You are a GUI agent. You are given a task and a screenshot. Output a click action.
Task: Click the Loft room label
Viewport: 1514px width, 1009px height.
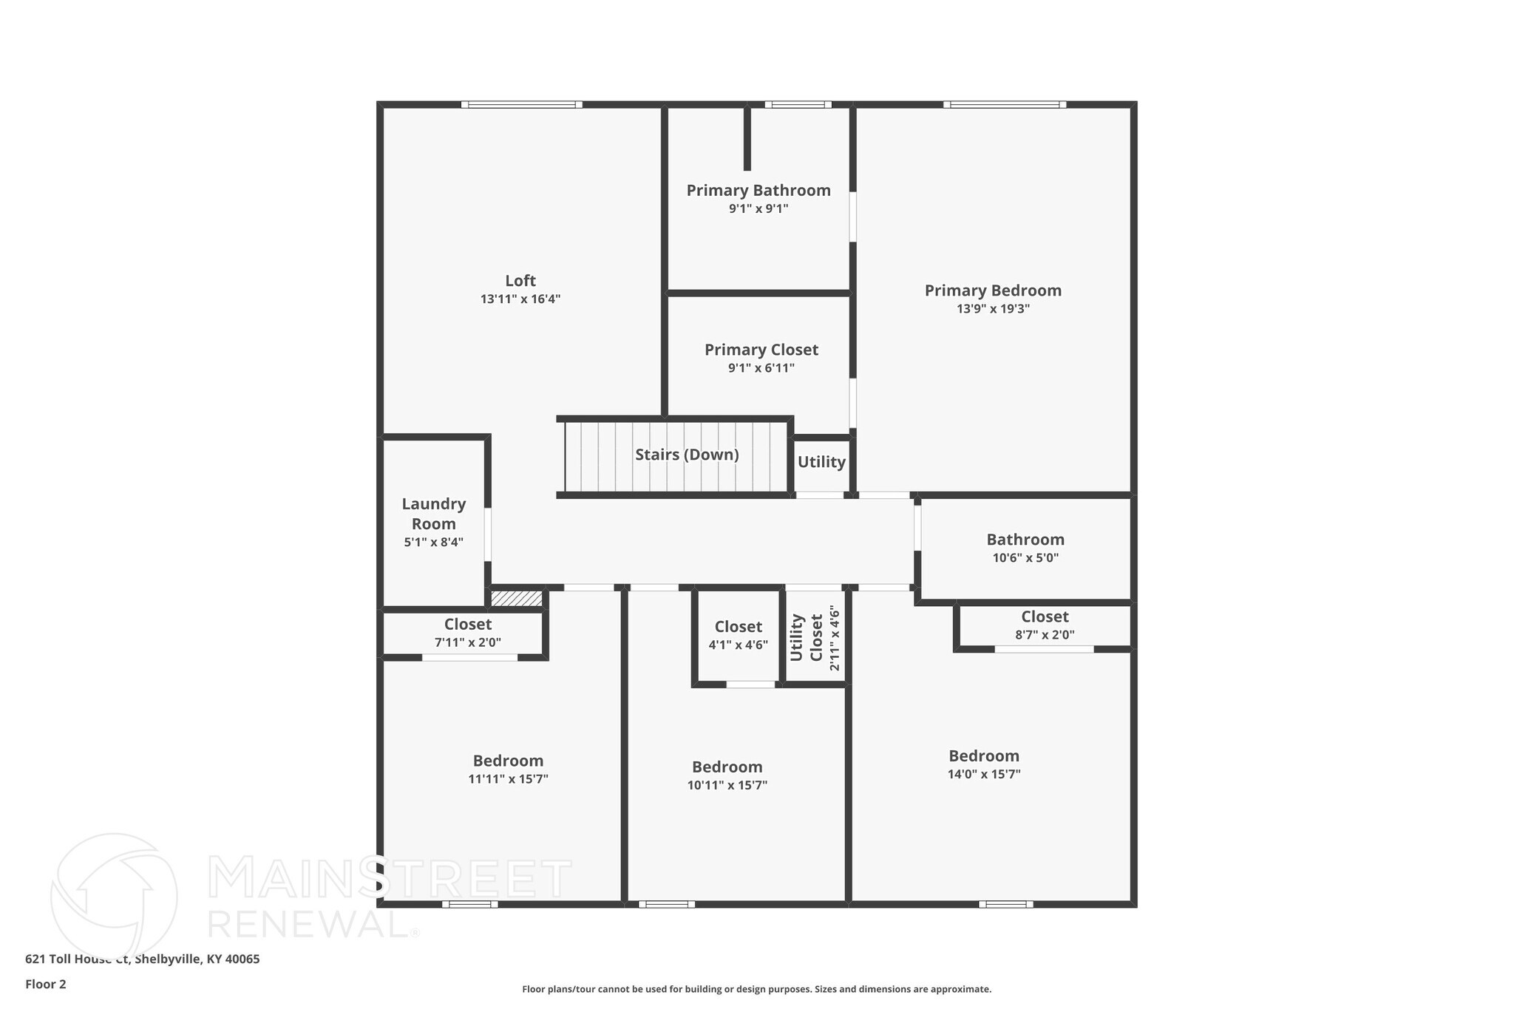tap(520, 281)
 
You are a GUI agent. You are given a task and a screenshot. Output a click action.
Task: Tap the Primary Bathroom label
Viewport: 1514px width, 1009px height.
tap(758, 191)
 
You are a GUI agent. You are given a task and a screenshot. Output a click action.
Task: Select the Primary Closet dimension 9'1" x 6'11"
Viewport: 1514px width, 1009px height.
tap(761, 368)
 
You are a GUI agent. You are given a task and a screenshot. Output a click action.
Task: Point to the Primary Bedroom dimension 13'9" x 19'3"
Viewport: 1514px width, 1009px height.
tap(993, 309)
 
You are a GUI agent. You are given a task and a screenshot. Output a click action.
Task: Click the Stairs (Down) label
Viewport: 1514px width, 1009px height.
tap(687, 455)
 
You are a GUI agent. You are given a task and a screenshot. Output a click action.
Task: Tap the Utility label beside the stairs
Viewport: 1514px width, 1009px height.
tap(821, 462)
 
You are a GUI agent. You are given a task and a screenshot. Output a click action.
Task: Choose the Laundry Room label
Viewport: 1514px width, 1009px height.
tap(434, 514)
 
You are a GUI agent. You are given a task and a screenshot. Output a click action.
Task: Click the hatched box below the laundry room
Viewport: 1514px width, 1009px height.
tap(517, 598)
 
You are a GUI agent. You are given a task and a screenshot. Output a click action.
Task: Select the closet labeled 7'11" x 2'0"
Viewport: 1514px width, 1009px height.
tap(467, 633)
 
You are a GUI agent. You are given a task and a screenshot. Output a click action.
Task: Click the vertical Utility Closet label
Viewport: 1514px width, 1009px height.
tap(807, 638)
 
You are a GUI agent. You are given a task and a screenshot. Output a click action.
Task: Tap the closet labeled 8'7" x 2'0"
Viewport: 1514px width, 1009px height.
tap(1045, 625)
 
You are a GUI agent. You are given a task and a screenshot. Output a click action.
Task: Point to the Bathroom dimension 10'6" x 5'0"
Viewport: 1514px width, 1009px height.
tap(1025, 558)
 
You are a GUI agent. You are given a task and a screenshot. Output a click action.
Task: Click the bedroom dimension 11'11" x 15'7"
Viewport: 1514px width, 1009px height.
tap(508, 779)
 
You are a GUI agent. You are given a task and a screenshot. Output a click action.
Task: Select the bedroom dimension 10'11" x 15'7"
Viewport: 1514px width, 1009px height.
tap(727, 785)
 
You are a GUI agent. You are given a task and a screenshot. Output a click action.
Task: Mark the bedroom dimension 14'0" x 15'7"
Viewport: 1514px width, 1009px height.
tap(984, 774)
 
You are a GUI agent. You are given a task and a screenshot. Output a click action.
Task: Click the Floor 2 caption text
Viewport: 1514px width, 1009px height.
tap(46, 984)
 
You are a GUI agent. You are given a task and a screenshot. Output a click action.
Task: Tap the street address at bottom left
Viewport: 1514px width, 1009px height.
tap(143, 959)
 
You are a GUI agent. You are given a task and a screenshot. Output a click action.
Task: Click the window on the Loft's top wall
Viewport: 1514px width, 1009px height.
tap(521, 105)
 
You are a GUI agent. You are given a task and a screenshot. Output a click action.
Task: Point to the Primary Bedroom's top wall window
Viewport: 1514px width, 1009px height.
tap(1005, 105)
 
